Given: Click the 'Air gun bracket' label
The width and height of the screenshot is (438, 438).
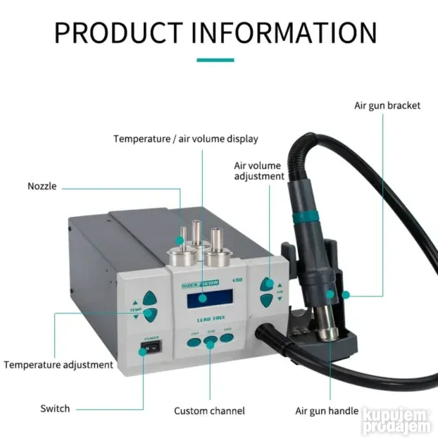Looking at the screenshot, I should pyautogui.click(x=387, y=106).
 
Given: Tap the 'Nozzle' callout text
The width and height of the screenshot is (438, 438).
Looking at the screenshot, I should pyautogui.click(x=42, y=187).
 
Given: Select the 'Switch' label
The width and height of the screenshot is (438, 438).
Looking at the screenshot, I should pyautogui.click(x=55, y=408).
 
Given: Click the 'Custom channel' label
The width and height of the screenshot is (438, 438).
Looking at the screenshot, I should pyautogui.click(x=209, y=411).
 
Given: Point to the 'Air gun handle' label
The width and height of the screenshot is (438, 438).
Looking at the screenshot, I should pyautogui.click(x=326, y=411).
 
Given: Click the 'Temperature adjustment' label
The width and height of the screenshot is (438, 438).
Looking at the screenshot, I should pyautogui.click(x=58, y=365).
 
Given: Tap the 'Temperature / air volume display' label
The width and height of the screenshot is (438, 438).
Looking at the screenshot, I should pyautogui.click(x=186, y=139).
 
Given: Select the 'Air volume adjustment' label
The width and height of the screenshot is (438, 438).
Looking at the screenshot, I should pyautogui.click(x=259, y=171).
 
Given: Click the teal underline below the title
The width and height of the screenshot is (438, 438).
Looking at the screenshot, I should pyautogui.click(x=215, y=61).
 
